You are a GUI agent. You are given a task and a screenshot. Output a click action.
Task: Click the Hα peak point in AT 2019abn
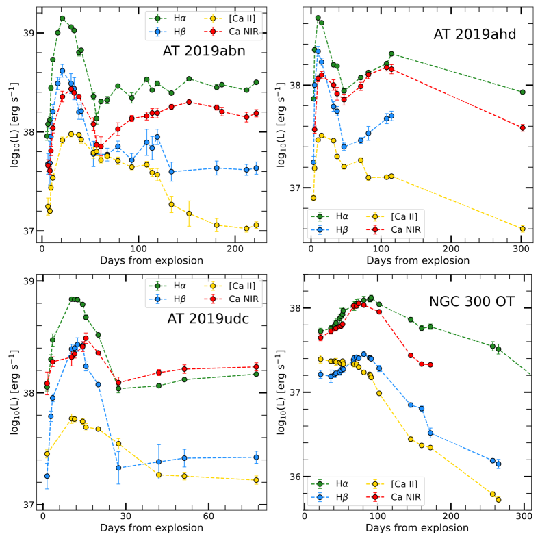[62, 18]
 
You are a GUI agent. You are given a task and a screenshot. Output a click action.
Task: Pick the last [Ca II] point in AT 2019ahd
[522, 229]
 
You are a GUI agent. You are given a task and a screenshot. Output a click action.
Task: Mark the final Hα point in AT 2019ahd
[522, 92]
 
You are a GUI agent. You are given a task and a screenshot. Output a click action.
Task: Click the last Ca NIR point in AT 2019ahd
[522, 128]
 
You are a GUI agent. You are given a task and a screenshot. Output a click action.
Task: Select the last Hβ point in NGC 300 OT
[498, 464]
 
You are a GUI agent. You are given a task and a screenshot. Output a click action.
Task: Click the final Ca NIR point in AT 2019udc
[256, 366]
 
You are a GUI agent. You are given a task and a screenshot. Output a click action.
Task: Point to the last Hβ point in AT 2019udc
[256, 457]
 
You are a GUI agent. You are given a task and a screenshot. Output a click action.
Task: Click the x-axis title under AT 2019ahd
[419, 260]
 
